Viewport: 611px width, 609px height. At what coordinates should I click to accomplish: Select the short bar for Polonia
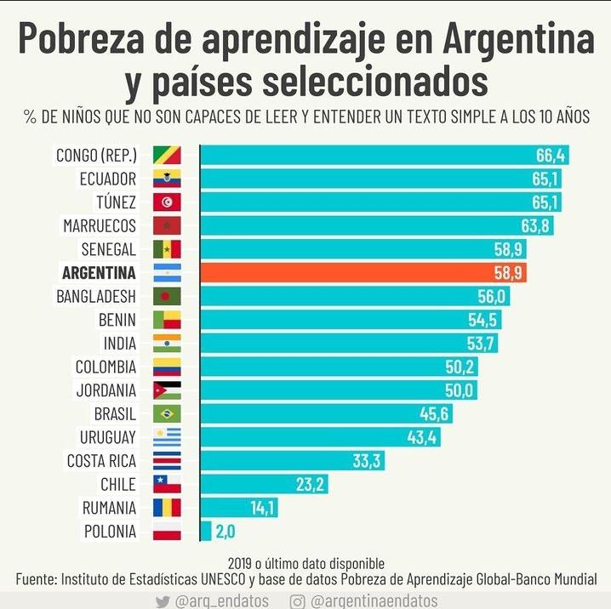[205, 531]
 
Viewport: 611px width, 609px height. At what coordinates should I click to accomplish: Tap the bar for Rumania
[238, 508]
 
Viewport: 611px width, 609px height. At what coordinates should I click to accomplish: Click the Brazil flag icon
[167, 414]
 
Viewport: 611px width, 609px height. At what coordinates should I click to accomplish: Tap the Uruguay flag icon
[167, 437]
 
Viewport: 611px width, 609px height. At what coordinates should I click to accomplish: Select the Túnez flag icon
[167, 202]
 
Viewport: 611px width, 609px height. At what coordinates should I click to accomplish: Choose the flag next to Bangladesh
[167, 297]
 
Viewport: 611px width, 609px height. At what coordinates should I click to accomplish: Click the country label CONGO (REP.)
[96, 155]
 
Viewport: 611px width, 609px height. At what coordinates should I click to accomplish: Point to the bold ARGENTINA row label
[99, 273]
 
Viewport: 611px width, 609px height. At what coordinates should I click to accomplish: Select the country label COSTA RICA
[101, 461]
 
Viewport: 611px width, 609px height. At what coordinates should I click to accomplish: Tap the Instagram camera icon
[298, 600]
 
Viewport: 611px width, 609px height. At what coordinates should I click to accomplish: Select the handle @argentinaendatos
[374, 600]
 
